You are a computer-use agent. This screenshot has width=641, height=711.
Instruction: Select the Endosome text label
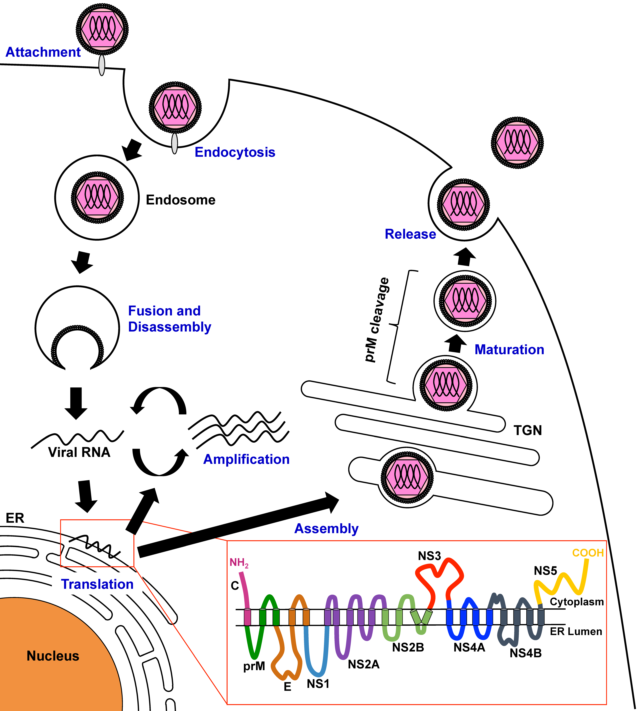[180, 200]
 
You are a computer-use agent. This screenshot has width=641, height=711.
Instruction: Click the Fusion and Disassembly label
[169, 319]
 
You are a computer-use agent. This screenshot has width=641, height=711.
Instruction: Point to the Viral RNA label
[79, 452]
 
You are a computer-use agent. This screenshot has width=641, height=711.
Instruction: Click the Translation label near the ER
[97, 584]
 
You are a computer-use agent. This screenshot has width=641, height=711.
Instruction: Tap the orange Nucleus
[53, 656]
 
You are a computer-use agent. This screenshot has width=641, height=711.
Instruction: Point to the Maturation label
[509, 350]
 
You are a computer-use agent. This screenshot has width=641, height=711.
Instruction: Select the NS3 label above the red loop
[429, 556]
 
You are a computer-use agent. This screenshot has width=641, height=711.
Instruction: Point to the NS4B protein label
[525, 653]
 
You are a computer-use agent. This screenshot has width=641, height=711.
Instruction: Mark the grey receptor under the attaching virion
[102, 65]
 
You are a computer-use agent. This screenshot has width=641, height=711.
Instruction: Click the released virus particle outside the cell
[517, 143]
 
